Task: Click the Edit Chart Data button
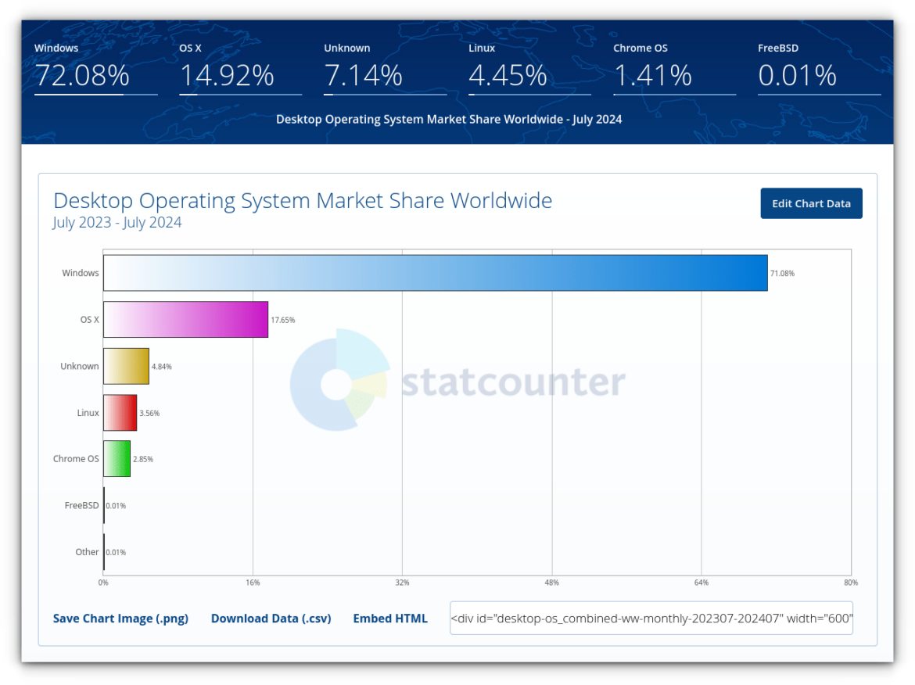[811, 203]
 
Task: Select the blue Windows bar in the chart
[435, 273]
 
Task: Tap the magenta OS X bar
[185, 319]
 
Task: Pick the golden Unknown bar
[126, 366]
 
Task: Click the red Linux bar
[120, 412]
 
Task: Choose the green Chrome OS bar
[117, 459]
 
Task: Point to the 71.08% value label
[782, 274]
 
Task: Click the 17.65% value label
[282, 320]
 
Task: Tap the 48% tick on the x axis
[551, 583]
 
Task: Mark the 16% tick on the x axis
[253, 583]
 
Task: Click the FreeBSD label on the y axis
[81, 505]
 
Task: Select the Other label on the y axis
[87, 552]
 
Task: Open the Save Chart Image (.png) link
[120, 619]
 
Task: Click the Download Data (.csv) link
[271, 619]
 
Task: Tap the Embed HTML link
[390, 619]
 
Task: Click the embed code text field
[651, 618]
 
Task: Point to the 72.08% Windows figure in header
[81, 76]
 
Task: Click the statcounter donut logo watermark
[339, 380]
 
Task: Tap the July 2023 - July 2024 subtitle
[117, 223]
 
